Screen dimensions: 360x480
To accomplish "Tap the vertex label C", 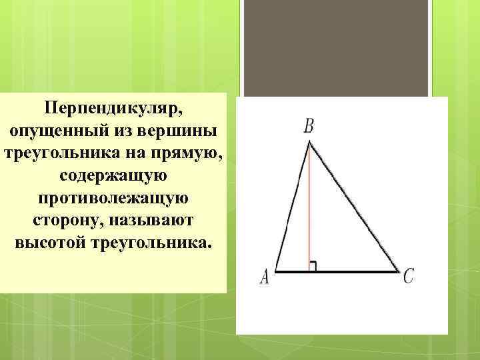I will click(x=409, y=275).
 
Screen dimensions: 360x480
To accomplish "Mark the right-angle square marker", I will click(x=312, y=267).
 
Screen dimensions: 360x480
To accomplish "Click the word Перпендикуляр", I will click(x=114, y=107).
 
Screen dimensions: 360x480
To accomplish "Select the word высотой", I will click(x=51, y=243).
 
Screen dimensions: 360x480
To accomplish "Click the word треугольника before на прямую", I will click(x=58, y=153).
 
